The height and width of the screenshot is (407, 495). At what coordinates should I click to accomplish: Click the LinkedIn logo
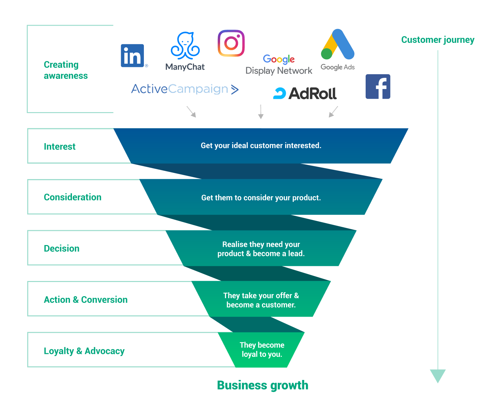[132, 55]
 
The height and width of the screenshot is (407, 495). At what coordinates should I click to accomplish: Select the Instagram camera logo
[231, 43]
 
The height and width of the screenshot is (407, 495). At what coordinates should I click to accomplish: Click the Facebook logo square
[378, 86]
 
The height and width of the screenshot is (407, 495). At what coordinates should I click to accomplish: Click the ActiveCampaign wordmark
[184, 89]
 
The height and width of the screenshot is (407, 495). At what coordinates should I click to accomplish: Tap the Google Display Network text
[279, 65]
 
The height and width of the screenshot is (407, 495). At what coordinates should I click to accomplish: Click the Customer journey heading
[438, 40]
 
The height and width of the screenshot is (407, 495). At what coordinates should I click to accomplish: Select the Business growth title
[263, 385]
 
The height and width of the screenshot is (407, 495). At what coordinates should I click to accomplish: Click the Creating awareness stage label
[66, 70]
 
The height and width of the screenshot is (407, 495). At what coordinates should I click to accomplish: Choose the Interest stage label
[60, 146]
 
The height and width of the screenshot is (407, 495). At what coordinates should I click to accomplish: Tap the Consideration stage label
[73, 197]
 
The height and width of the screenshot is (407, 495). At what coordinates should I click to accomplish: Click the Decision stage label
[62, 248]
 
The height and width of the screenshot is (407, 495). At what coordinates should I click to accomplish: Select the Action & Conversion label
[86, 299]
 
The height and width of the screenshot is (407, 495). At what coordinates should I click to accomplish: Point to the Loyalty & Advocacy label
[84, 351]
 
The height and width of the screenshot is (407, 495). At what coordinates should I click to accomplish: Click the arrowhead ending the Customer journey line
[438, 376]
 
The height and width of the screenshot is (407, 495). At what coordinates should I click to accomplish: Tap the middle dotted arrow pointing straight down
[261, 112]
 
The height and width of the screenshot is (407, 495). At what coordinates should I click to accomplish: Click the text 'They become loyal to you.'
[262, 350]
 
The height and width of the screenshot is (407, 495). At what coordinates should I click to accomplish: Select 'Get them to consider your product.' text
[261, 198]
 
